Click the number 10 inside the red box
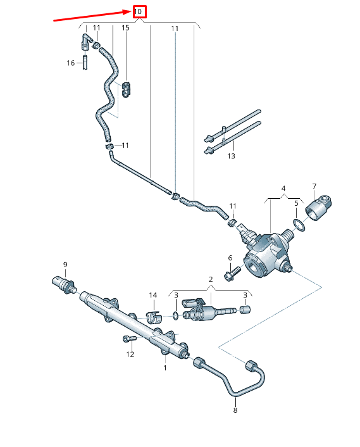139,11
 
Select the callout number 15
125,28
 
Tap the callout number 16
71,63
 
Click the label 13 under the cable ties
231,156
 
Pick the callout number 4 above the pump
283,189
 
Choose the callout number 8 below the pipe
235,410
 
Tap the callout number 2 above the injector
210,279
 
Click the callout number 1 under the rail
165,367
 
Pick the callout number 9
64,264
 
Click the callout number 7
314,186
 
